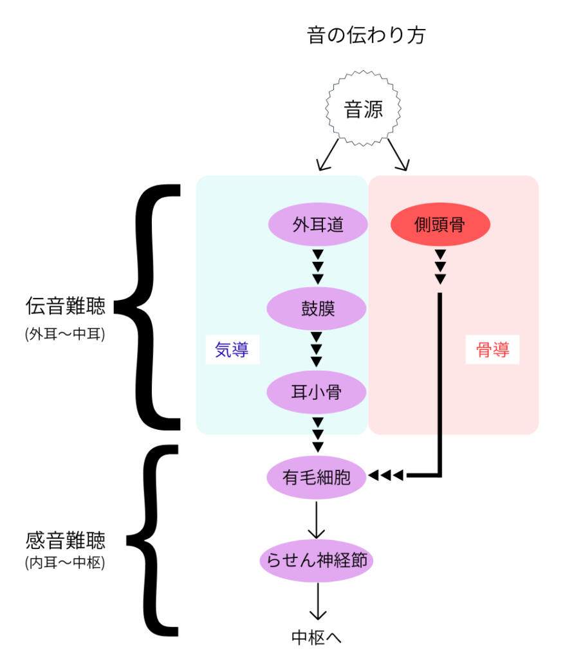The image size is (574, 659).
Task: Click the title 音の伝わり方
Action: (x=366, y=35)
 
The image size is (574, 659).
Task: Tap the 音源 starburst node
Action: (x=364, y=110)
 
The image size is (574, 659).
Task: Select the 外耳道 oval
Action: (x=317, y=225)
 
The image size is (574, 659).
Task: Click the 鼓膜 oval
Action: (x=317, y=308)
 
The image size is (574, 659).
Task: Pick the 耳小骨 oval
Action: (x=317, y=392)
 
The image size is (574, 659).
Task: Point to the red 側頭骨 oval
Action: (x=440, y=225)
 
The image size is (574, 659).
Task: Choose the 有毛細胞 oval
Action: (x=317, y=476)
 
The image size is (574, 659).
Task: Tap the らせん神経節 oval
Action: (x=317, y=560)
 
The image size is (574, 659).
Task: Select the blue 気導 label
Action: (x=232, y=350)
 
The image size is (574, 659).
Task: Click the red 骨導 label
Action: (x=492, y=350)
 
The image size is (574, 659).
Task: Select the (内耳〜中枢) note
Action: (x=65, y=562)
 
